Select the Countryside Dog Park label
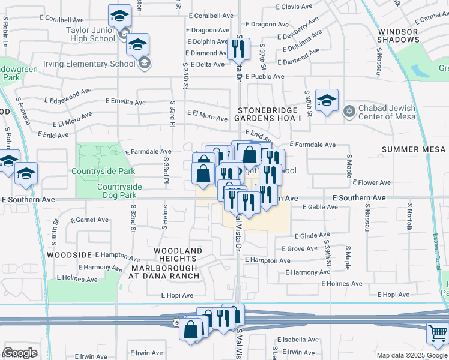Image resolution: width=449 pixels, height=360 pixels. tap(119, 191)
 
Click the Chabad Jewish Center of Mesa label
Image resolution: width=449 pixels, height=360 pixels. tap(396, 112)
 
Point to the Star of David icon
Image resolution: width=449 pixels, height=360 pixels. tap(349, 112)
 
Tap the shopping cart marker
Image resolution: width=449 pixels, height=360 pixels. tap(438, 334)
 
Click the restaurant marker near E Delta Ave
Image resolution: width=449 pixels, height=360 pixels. tap(238, 49)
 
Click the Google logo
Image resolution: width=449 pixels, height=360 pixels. tap(20, 353)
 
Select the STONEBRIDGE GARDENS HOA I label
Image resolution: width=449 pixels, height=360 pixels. tap(268, 115)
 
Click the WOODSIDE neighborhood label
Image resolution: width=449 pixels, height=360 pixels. tap(69, 255)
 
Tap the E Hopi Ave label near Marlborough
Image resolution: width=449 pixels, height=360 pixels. tap(177, 295)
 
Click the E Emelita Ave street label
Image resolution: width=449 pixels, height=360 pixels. tap(125, 103)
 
